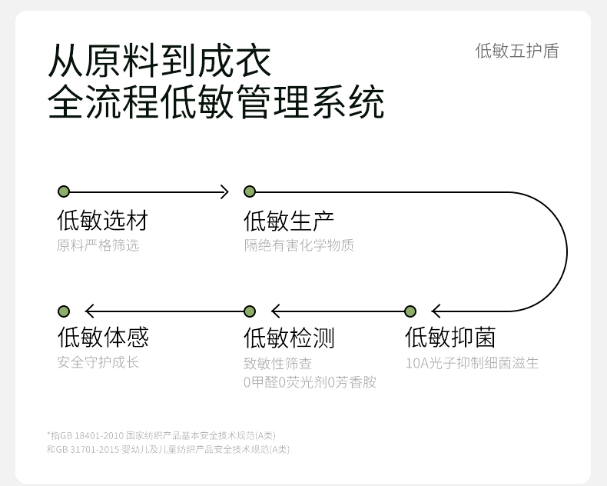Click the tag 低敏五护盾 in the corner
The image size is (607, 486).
pos(516,52)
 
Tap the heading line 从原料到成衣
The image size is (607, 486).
pos(160,62)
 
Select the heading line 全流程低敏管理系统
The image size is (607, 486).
pos(216,103)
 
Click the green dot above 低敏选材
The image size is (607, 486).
pos(64,191)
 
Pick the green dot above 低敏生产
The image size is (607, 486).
pos(250,191)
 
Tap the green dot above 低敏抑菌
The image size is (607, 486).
pos(410,311)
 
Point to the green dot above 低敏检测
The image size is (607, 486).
pos(250,311)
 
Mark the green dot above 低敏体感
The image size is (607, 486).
pos(64,311)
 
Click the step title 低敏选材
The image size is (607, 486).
pos(102,221)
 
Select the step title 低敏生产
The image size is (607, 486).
pos(289,221)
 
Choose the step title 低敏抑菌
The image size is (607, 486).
pos(450,338)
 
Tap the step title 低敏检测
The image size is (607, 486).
pos(289,338)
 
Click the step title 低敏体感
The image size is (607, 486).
pos(102,338)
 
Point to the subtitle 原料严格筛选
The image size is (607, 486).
pos(98,246)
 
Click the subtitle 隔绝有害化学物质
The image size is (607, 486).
pos(299,246)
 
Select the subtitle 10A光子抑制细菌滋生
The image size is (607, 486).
pos(473,363)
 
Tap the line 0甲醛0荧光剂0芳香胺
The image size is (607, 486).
pos(310,382)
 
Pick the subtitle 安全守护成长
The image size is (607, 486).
pos(98,362)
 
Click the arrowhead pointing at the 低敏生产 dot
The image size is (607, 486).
pos(224,191)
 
